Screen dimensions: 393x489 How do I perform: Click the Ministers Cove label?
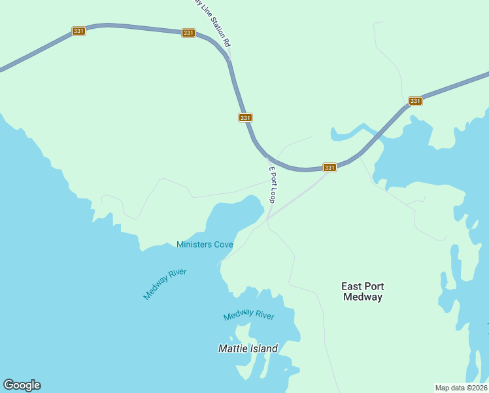[x=205, y=244]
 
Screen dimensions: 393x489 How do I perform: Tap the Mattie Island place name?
[x=248, y=348]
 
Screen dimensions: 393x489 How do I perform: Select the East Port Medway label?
[x=362, y=291]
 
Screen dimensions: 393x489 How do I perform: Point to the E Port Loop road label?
[x=273, y=184]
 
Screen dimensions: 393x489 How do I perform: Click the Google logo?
[x=22, y=385]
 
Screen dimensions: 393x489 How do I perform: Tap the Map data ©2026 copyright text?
[x=462, y=388]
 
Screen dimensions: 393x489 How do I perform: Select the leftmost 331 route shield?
[x=78, y=31]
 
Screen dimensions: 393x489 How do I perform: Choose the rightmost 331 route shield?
[x=415, y=101]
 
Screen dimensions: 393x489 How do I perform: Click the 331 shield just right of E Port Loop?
[x=329, y=168]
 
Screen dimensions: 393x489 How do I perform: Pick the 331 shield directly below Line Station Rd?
[x=244, y=117]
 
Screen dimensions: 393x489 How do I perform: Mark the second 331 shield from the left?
[x=188, y=33]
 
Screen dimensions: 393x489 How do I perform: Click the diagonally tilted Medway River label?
[x=165, y=284]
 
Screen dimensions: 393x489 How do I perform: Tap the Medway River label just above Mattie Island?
[x=248, y=315]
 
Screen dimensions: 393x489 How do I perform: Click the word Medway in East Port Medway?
[x=362, y=297]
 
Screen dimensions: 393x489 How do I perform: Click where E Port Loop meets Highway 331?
[x=269, y=158]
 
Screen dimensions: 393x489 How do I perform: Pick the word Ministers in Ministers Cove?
[x=194, y=244]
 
